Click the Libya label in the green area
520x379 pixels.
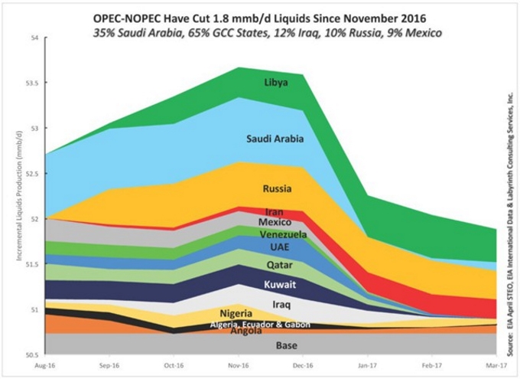click(276, 83)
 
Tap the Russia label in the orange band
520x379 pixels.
click(276, 188)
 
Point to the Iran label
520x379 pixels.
click(275, 211)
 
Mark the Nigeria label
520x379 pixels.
click(236, 314)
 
